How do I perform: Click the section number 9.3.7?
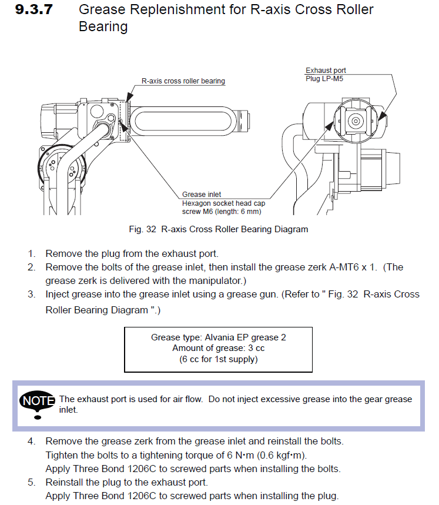point(35,10)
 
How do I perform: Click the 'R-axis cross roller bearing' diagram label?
point(183,81)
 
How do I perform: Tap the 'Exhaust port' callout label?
point(326,71)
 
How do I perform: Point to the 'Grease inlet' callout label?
point(202,195)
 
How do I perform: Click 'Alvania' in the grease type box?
point(217,337)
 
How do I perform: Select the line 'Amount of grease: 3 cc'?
point(218,348)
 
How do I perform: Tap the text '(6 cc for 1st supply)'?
point(218,359)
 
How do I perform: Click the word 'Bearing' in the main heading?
point(103,26)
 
